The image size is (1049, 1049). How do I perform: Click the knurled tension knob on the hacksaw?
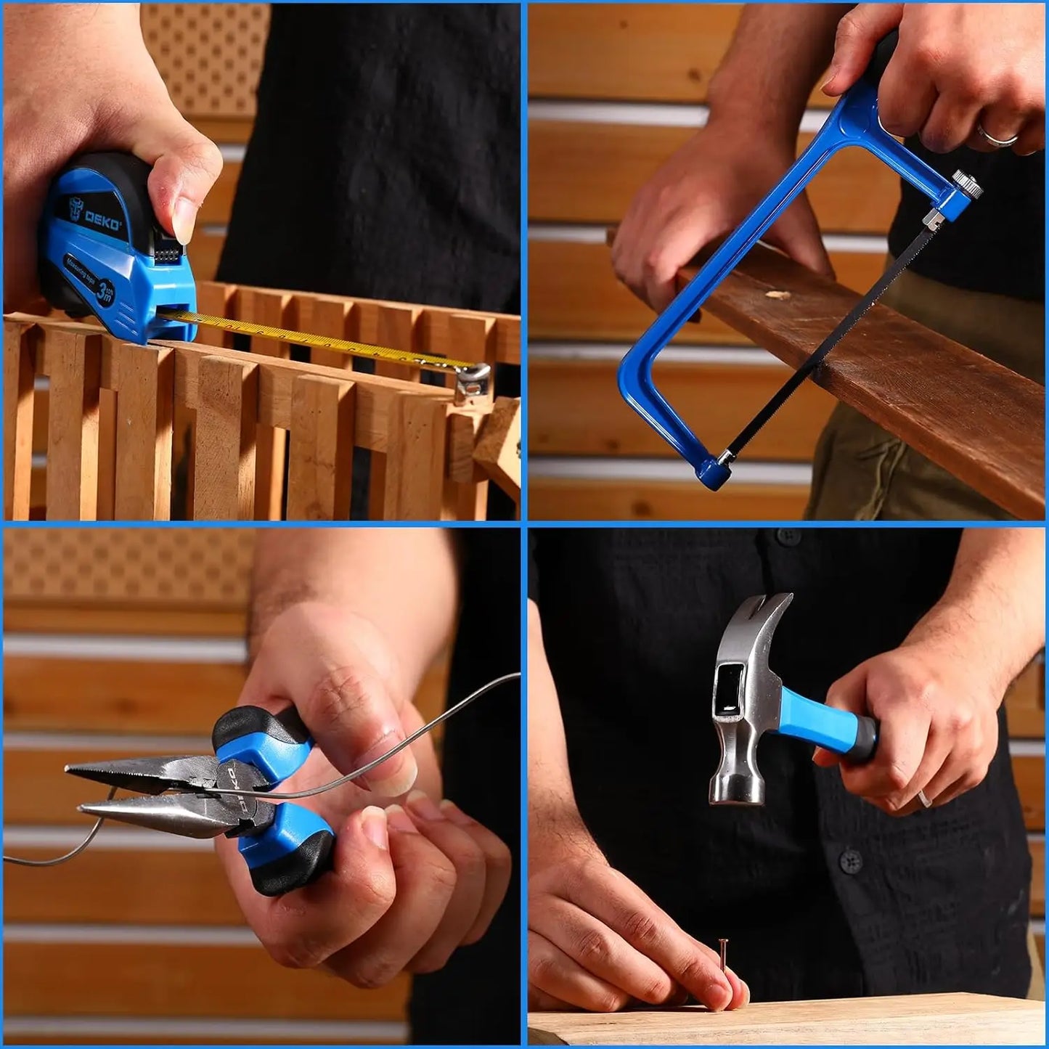[x=966, y=182]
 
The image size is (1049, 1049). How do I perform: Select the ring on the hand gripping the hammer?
[x=924, y=797]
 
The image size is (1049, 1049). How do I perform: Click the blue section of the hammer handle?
[x=828, y=715]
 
